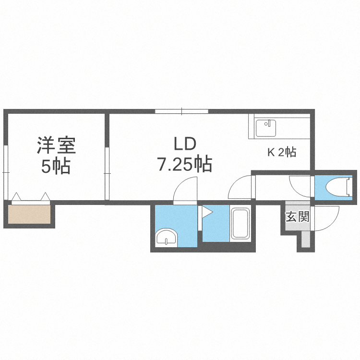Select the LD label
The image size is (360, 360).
pos(183,144)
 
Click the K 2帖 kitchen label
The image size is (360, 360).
pos(281,153)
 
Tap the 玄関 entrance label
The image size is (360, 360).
pos(297,216)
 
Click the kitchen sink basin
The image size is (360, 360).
pos(266,128)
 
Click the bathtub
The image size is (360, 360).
pos(240,224)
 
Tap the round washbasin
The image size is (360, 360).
pos(167,238)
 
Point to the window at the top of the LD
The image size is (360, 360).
pos(181,111)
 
